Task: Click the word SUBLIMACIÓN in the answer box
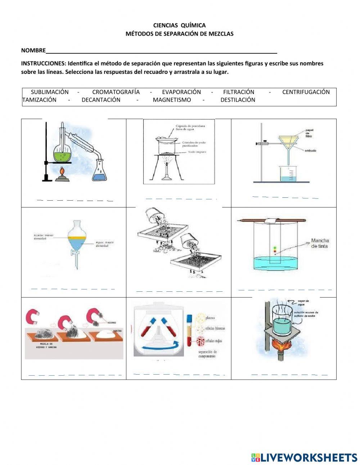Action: click(x=49, y=92)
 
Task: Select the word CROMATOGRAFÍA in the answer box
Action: click(x=116, y=92)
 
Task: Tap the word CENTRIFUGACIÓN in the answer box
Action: click(x=306, y=92)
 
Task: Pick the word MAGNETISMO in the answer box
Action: click(x=172, y=100)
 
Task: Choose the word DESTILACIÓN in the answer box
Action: click(x=238, y=100)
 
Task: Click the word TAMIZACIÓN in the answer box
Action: click(x=39, y=100)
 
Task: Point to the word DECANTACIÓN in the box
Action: click(x=101, y=100)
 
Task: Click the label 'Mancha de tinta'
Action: click(x=320, y=243)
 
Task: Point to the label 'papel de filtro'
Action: click(x=309, y=133)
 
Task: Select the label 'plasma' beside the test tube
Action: click(x=210, y=318)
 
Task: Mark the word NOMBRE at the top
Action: click(x=33, y=50)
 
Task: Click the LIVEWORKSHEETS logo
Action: click(x=304, y=457)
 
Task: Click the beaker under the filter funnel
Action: click(x=287, y=174)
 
